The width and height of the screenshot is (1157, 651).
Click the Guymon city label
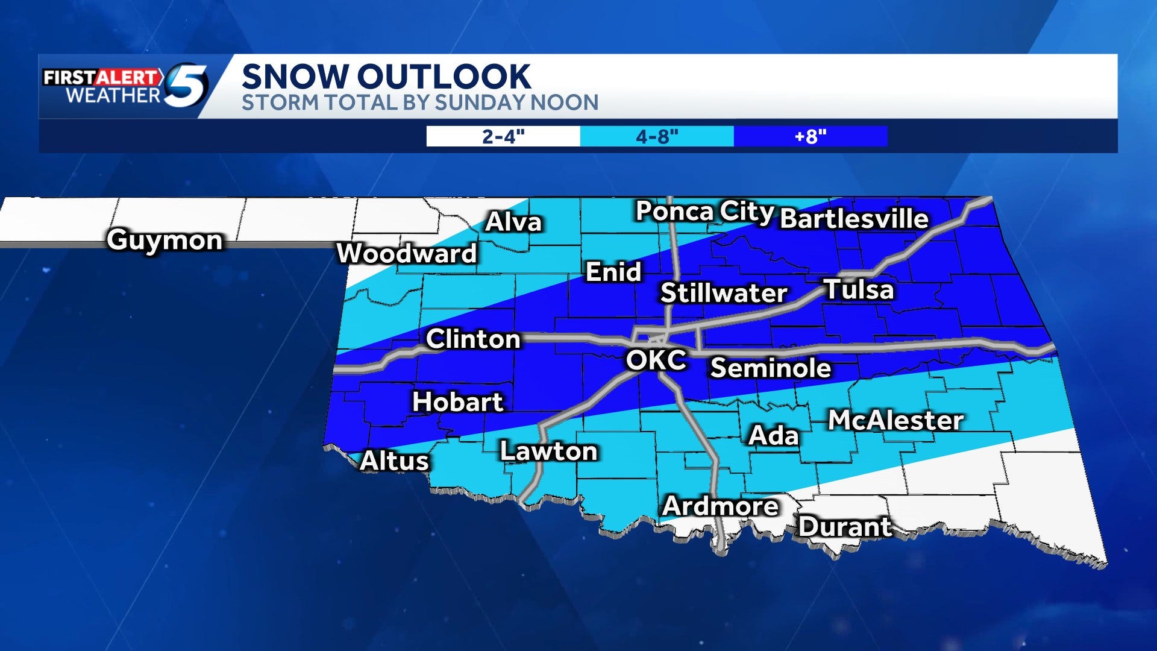point(165,240)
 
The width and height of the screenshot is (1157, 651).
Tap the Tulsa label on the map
point(859,289)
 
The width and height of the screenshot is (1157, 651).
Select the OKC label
point(656,360)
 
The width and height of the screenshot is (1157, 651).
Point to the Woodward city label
point(407,253)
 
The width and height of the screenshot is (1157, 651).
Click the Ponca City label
point(704,212)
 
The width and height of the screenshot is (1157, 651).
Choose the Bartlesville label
point(854,219)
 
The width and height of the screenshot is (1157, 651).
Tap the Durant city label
point(845,527)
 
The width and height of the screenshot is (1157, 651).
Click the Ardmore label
point(720,506)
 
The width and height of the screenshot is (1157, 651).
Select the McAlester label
point(895,420)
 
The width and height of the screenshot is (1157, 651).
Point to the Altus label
point(394,461)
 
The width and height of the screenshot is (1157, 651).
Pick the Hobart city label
point(457,402)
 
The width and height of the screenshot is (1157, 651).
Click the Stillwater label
point(724,293)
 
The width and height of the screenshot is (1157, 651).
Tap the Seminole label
point(771,368)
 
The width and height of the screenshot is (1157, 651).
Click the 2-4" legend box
point(503,136)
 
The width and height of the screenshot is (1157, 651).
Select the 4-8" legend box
point(657,136)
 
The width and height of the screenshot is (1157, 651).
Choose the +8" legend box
point(811,136)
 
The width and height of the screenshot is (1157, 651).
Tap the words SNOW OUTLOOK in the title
point(386,77)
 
